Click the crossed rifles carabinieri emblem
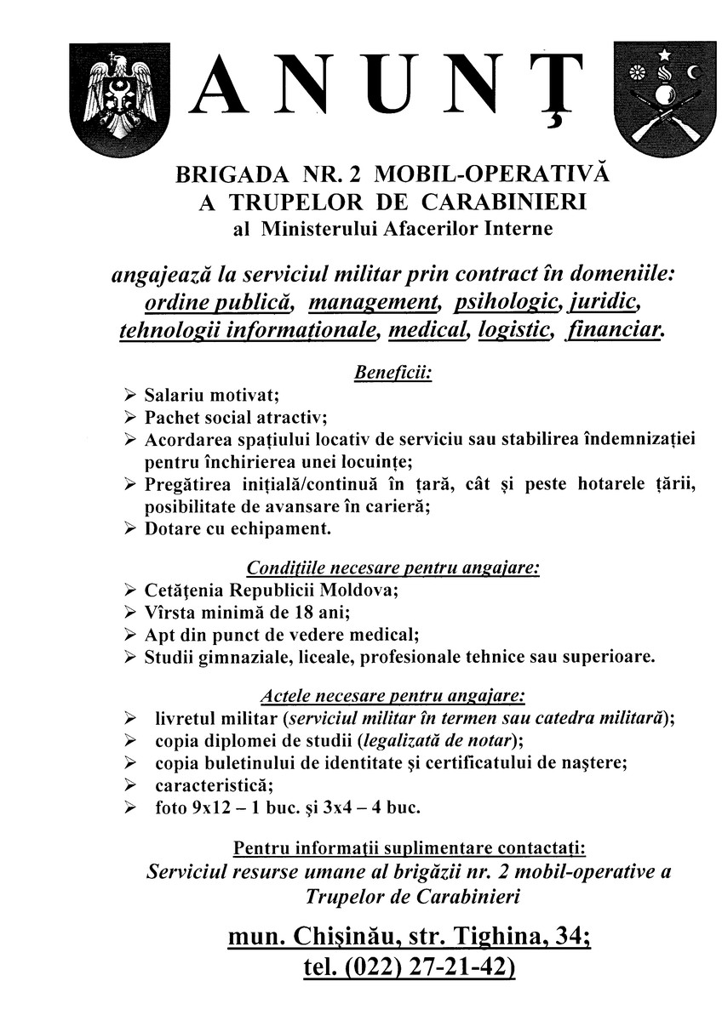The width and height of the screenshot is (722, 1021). click(x=661, y=94)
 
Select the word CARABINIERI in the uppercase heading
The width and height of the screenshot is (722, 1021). click(x=504, y=202)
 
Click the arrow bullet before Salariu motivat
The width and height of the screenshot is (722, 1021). click(x=129, y=396)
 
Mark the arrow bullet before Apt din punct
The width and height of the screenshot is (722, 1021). click(x=129, y=635)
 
